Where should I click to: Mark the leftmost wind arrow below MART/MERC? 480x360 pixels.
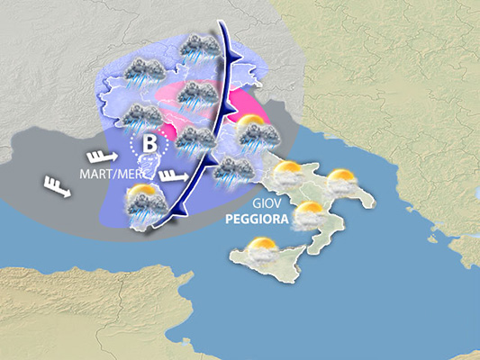tap(56, 187)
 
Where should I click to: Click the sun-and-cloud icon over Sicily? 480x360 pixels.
tap(260, 249)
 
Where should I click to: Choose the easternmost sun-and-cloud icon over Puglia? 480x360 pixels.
tap(342, 181)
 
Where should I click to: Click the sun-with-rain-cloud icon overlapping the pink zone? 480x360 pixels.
tap(256, 134)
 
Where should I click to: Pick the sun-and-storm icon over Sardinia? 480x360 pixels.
tap(144, 205)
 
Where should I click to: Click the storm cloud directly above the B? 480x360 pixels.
tap(141, 115)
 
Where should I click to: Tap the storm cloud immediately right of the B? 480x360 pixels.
tap(195, 139)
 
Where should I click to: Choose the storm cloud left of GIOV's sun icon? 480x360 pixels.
tap(232, 168)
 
